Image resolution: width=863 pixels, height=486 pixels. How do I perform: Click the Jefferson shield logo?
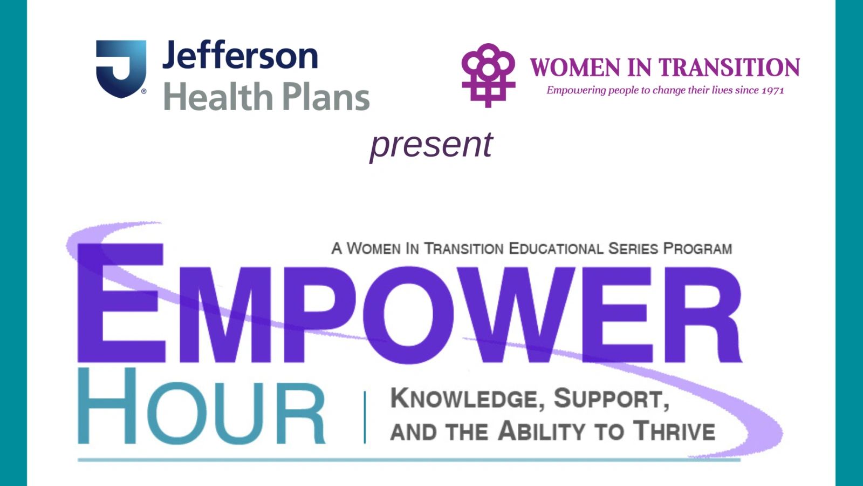click(x=121, y=68)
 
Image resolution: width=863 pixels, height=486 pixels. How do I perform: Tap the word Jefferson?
click(x=240, y=56)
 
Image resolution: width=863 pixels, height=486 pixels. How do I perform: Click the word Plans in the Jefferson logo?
click(x=326, y=97)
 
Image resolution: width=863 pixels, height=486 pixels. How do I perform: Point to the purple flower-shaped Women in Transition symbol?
click(x=488, y=75)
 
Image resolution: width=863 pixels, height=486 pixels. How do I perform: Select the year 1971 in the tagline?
click(x=772, y=91)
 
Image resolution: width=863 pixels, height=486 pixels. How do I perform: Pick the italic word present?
click(x=431, y=145)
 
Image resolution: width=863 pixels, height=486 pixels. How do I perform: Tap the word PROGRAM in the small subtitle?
click(x=697, y=249)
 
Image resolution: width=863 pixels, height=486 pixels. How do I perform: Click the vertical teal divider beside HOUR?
click(x=365, y=417)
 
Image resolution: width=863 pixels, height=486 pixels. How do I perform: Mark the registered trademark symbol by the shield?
click(x=143, y=91)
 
